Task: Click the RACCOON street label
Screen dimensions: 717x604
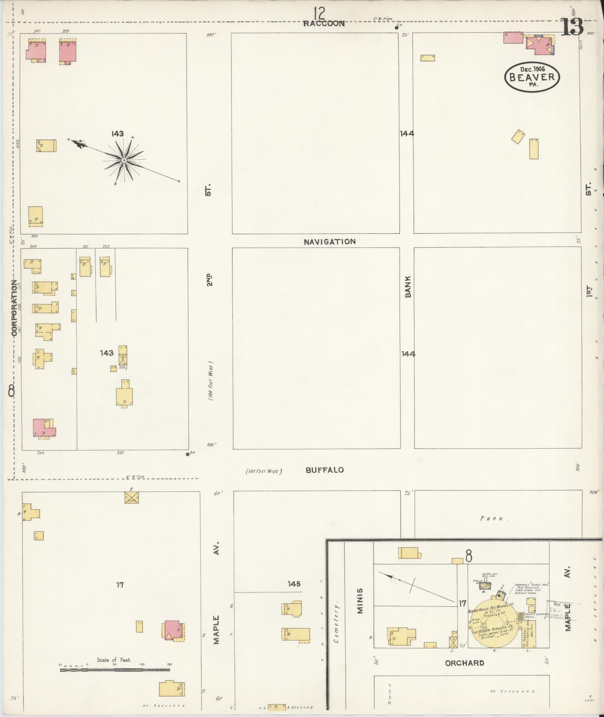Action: pyautogui.click(x=324, y=24)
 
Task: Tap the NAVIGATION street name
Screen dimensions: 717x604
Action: pyautogui.click(x=330, y=242)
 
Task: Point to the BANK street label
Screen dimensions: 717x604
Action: pyautogui.click(x=408, y=287)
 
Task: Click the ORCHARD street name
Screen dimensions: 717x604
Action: pyautogui.click(x=464, y=663)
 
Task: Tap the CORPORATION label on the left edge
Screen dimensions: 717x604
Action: pyautogui.click(x=15, y=308)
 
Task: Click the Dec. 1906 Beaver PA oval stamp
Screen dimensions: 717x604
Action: pyautogui.click(x=532, y=77)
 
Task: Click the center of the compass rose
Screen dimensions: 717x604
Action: pyautogui.click(x=124, y=160)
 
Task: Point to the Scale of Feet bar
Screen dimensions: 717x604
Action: pyautogui.click(x=115, y=670)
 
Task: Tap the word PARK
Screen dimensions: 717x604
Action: pyautogui.click(x=495, y=519)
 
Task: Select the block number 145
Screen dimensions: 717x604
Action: pyautogui.click(x=294, y=584)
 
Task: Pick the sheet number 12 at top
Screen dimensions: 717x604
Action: pyautogui.click(x=320, y=13)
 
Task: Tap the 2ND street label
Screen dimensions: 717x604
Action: pyautogui.click(x=209, y=279)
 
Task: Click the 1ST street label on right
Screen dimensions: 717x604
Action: pyautogui.click(x=588, y=291)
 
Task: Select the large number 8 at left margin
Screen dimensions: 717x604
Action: pyautogui.click(x=11, y=391)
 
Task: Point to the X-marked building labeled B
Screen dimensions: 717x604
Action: pyautogui.click(x=131, y=497)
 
